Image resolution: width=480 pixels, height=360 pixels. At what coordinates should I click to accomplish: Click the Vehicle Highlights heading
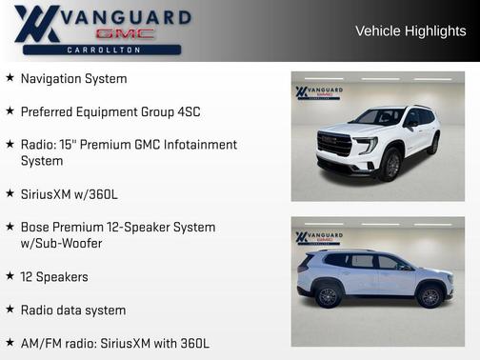point(410,31)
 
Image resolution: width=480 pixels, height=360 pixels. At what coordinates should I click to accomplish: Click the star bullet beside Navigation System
point(10,78)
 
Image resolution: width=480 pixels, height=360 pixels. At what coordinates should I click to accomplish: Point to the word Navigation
point(53,78)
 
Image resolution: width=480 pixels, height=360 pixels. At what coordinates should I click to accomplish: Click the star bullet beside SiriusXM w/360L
point(10,193)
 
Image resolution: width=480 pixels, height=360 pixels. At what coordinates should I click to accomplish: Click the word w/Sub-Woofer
point(62,244)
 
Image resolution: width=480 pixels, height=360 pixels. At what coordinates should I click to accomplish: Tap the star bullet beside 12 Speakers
point(10,276)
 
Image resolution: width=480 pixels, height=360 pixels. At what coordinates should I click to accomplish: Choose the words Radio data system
point(73,310)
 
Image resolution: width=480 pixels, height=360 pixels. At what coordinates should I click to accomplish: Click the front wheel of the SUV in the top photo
point(390,164)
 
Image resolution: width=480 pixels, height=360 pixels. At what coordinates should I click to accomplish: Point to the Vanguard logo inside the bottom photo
point(318,237)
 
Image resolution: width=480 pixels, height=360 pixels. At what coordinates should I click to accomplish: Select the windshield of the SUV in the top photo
point(380,117)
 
